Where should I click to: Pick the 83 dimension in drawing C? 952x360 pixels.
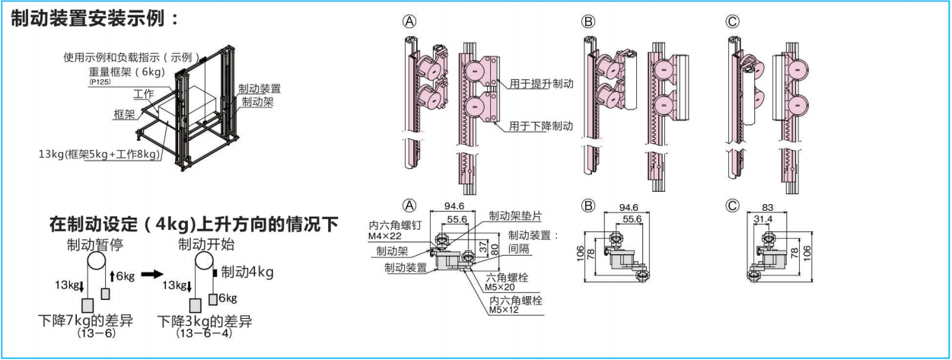pyautogui.click(x=768, y=207)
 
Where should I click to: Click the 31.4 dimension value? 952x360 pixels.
pyautogui.click(x=768, y=220)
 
